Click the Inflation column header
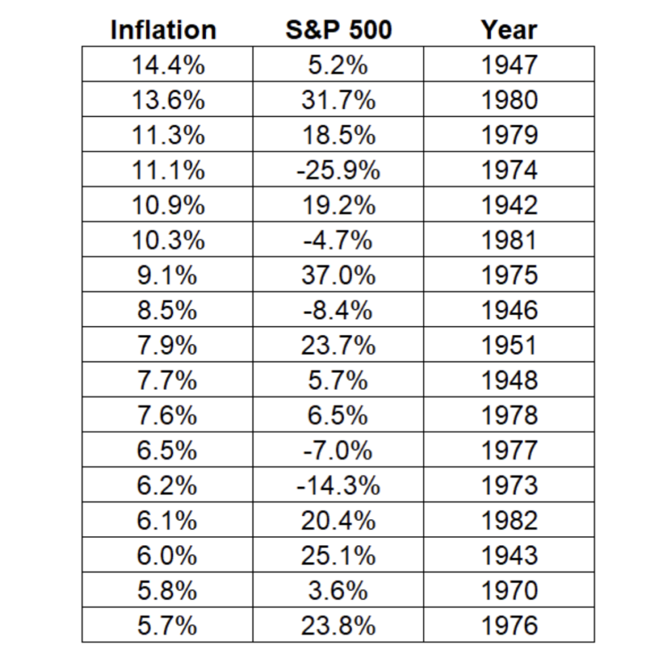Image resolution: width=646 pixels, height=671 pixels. (x=163, y=30)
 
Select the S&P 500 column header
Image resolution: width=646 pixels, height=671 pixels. (x=339, y=30)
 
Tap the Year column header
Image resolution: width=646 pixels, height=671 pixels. (x=508, y=30)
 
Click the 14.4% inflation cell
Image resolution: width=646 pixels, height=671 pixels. (x=168, y=65)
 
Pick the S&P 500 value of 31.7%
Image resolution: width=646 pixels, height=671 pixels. (x=339, y=100)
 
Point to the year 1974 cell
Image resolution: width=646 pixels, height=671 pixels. (x=509, y=170)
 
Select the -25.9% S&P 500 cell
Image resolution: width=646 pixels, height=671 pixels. (x=338, y=170)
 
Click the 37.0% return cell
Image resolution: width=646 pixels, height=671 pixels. (x=339, y=275)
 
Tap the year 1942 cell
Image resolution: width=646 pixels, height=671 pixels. (x=509, y=205)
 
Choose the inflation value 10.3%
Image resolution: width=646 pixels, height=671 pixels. (x=168, y=240)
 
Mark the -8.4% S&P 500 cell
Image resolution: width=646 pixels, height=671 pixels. (x=338, y=311)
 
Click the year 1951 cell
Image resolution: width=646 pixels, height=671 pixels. (x=509, y=345)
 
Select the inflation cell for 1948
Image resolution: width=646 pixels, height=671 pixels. (x=168, y=380)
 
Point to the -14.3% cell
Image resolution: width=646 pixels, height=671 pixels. (x=338, y=486)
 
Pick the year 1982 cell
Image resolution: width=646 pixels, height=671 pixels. (x=509, y=521)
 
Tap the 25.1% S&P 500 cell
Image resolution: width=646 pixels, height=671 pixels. (x=339, y=556)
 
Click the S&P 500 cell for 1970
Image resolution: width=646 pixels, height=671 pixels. (x=338, y=591)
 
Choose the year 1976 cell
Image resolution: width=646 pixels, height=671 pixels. (x=509, y=626)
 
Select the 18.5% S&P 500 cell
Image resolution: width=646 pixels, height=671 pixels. (x=339, y=135)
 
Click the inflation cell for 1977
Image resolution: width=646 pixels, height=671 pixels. (x=168, y=451)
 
